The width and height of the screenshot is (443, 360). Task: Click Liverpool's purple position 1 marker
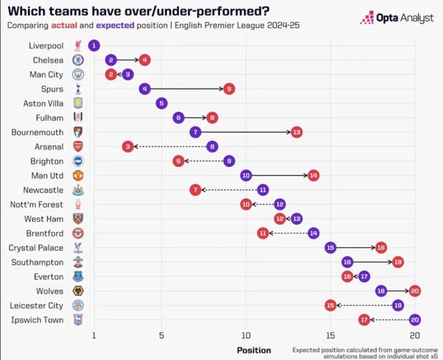94,46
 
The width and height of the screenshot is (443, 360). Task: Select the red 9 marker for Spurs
229,89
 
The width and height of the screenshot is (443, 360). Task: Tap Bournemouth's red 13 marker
296,132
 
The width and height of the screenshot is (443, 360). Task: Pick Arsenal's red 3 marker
128,147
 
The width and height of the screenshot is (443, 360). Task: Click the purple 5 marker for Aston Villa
161,103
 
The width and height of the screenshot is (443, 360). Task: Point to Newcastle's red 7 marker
195,190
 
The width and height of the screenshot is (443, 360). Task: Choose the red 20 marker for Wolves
415,291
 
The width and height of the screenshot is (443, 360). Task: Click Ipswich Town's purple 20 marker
415,320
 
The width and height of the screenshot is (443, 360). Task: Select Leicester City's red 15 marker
330,305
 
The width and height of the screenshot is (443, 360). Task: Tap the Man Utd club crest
78,175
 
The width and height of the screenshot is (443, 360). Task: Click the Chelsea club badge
78,60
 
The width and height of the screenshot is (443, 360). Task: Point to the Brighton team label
47,161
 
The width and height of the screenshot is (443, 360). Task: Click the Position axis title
254,350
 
